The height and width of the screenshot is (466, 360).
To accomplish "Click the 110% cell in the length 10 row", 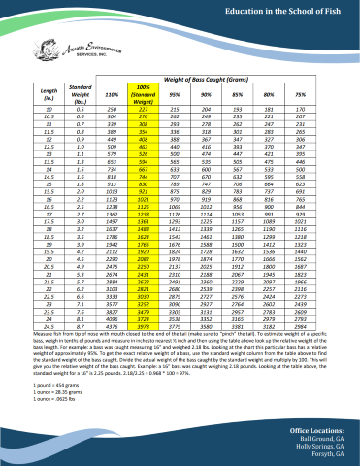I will pyautogui.click(x=110, y=112).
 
